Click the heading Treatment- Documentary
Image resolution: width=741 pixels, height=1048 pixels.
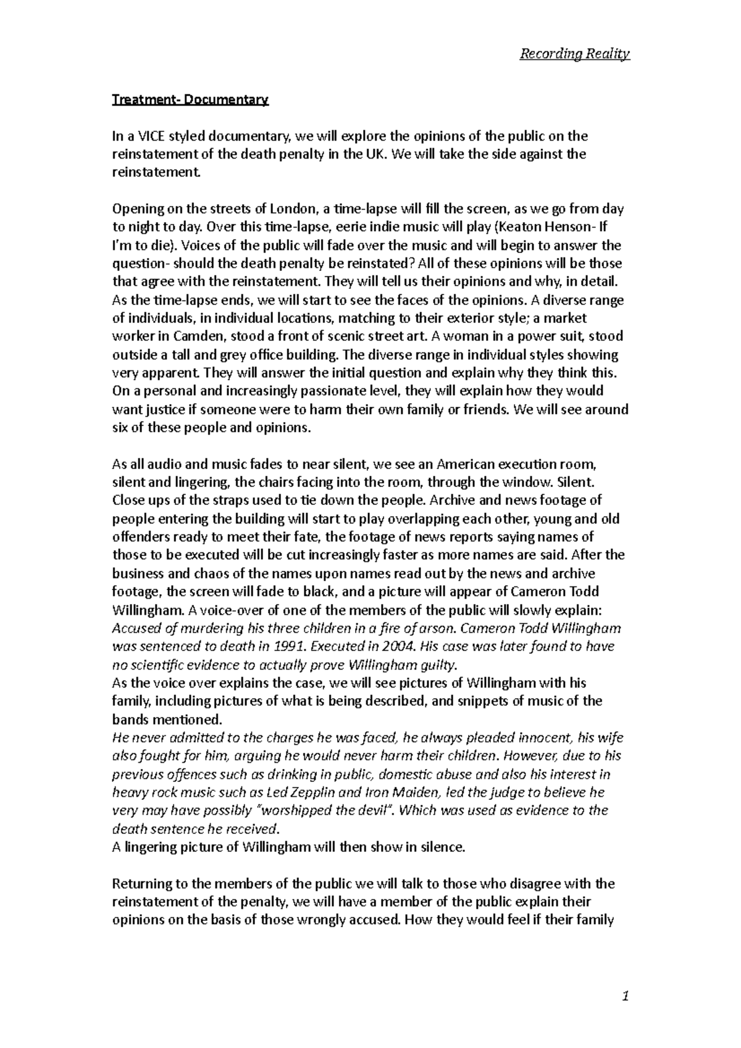[x=190, y=99]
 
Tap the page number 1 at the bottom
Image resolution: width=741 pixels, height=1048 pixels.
[x=626, y=996]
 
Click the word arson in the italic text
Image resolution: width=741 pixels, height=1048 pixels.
[x=437, y=628]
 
